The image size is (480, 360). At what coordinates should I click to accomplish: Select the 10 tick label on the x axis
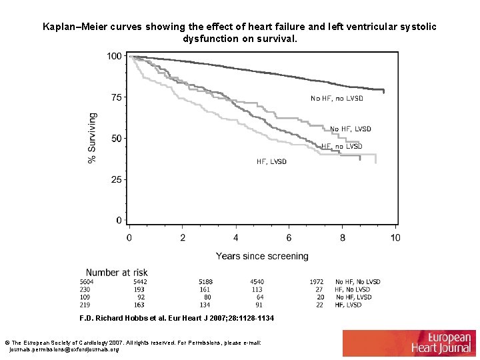pos(395,237)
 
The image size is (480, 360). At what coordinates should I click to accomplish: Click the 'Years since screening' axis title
pos(262,256)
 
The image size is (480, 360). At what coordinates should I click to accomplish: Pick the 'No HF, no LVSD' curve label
pos(337,98)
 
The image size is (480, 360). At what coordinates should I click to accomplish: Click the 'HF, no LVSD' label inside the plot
pos(342,146)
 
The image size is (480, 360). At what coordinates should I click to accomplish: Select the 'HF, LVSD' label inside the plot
pos(271,161)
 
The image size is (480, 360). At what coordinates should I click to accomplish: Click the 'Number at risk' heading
pos(117,272)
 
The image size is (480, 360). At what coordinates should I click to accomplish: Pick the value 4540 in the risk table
pos(257,282)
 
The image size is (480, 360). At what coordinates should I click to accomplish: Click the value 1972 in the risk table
pos(317,282)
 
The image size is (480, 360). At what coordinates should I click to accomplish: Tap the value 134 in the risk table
pos(205,305)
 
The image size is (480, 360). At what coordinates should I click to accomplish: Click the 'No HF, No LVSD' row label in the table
pos(358,282)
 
